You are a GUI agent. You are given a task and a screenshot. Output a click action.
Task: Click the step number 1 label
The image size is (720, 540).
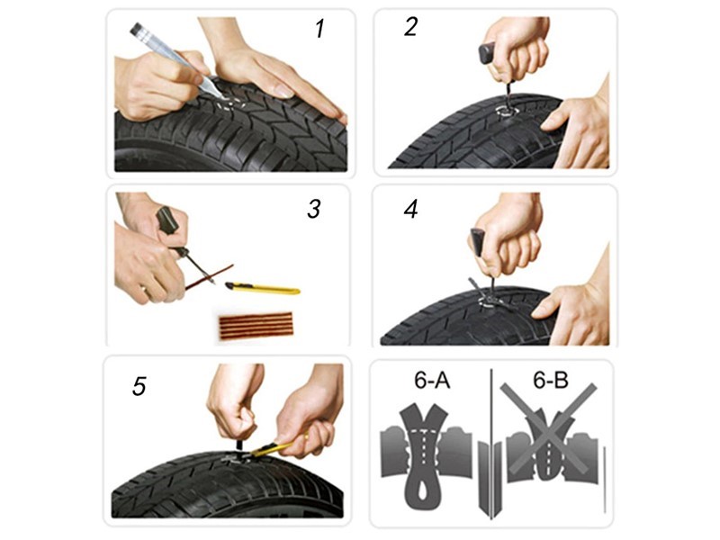click(x=319, y=29)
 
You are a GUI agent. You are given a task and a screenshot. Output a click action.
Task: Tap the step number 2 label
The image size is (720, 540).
click(x=410, y=27)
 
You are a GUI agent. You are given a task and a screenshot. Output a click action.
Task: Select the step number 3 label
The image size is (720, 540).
click(x=313, y=210)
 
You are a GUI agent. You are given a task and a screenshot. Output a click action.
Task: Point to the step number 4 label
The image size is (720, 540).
click(x=410, y=210)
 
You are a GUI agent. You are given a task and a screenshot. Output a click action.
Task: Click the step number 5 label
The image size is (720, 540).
click(x=139, y=386)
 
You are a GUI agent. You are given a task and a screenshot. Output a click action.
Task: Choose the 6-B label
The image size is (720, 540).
click(x=549, y=381)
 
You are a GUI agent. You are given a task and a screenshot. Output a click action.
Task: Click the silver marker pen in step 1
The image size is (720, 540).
click(x=171, y=54)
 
